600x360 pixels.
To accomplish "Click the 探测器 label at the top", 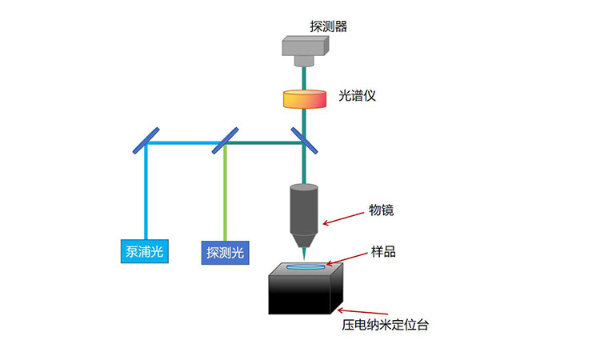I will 329,26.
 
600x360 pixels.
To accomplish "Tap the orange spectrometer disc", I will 305,99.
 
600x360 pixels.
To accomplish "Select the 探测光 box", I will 225,253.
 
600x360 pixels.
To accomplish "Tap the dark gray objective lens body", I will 304,212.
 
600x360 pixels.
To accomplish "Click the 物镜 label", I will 381,210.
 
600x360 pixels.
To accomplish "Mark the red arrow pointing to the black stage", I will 357,311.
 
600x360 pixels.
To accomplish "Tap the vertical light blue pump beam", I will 146,196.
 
